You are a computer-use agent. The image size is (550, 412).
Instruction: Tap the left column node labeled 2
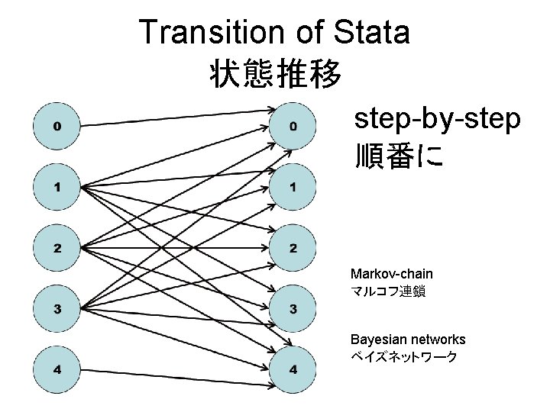point(57,248)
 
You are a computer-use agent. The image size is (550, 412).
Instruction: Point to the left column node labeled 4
point(57,370)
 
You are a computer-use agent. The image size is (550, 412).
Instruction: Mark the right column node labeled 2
point(293,248)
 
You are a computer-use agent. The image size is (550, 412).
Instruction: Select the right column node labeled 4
point(293,370)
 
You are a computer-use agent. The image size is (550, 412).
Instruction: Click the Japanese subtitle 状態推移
point(274,73)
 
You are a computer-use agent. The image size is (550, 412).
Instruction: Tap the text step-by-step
point(437,120)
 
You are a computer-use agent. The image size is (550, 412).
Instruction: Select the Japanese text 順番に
point(398,155)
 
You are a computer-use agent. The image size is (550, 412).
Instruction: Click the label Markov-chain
point(391,273)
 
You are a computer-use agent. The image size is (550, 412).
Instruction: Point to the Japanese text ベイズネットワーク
point(403,357)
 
